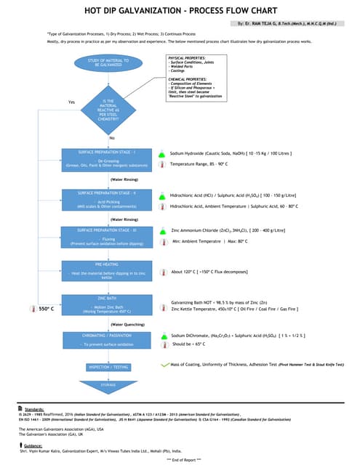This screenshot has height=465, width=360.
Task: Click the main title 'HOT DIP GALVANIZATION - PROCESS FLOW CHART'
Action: [180, 11]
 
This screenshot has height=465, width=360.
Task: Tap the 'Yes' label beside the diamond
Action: [71, 102]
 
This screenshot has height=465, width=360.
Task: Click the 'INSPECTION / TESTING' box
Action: [108, 368]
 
